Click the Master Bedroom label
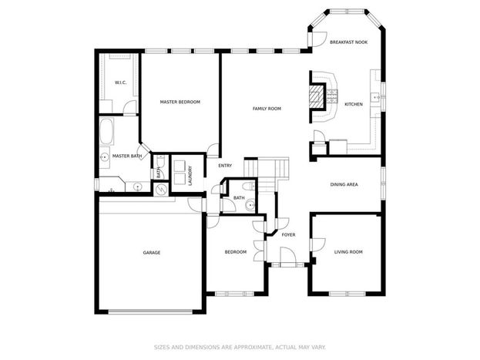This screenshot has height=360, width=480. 180,102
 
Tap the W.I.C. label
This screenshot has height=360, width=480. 121,82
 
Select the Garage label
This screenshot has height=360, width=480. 152,252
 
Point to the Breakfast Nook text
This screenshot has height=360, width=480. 349,42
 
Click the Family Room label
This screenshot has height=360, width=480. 267,109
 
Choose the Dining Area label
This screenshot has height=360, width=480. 344,184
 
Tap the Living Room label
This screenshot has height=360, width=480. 348,252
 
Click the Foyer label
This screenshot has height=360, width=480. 288,234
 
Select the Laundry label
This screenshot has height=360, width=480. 190,176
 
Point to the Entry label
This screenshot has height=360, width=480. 225,166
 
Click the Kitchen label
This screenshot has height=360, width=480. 354,104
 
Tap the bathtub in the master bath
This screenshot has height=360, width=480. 106,132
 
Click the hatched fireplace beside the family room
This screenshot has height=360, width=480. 316,97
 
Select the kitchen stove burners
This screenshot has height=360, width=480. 332,97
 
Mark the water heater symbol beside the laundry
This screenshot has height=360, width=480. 161,190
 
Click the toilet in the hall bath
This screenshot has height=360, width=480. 248,186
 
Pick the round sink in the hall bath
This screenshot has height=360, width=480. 250,204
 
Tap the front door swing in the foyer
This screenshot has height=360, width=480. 288,255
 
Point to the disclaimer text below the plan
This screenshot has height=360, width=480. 240,347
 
